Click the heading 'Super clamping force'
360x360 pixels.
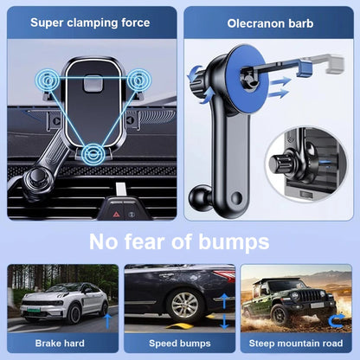[x=90, y=22]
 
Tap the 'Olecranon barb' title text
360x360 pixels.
[x=270, y=22]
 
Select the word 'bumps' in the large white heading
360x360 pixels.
[x=227, y=240]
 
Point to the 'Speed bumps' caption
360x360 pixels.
[x=179, y=344]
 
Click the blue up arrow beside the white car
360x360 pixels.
[x=108, y=320]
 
